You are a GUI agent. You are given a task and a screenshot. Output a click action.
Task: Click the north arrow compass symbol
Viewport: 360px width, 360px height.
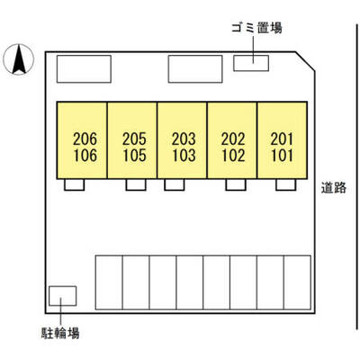tap(19, 59)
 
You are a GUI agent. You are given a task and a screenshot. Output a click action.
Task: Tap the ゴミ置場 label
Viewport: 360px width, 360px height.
tap(256, 28)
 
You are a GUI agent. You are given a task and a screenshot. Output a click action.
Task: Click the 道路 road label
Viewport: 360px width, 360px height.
tap(334, 188)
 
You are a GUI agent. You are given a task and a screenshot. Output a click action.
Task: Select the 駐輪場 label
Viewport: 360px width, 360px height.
tap(60, 333)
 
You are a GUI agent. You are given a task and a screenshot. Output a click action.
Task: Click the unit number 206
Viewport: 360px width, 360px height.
tap(85, 139)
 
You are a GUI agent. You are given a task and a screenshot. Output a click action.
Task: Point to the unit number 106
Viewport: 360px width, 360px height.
tap(85, 156)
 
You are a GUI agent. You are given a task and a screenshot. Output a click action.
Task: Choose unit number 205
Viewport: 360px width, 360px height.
tap(134, 139)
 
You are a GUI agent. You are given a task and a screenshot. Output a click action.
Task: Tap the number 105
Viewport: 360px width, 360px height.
tap(134, 156)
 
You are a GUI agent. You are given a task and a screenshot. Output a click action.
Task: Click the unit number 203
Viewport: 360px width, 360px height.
tap(184, 139)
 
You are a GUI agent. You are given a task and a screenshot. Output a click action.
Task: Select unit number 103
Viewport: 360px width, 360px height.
tap(184, 156)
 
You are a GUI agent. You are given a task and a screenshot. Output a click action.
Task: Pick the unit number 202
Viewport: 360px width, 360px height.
tap(233, 139)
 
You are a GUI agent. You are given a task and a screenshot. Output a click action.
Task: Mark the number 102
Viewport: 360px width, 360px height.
tap(233, 156)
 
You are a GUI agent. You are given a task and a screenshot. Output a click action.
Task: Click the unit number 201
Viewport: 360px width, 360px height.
tap(282, 139)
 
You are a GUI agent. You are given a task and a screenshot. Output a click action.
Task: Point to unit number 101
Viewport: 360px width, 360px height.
tap(282, 156)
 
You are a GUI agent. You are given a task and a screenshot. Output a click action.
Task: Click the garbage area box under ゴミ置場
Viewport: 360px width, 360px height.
tap(251, 63)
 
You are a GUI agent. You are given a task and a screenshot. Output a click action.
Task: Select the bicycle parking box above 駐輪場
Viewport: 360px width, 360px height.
tap(63, 296)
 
